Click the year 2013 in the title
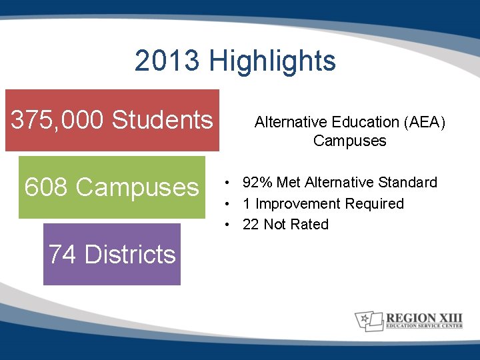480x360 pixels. click(167, 61)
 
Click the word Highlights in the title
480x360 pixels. click(272, 61)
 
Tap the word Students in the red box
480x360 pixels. click(162, 120)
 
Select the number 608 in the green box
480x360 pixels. click(46, 187)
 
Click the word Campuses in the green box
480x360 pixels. click(137, 187)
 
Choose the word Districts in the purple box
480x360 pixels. click(131, 254)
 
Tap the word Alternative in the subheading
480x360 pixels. click(289, 122)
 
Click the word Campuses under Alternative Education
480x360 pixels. click(349, 141)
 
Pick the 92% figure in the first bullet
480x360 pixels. click(257, 182)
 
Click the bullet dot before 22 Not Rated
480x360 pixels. click(228, 225)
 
